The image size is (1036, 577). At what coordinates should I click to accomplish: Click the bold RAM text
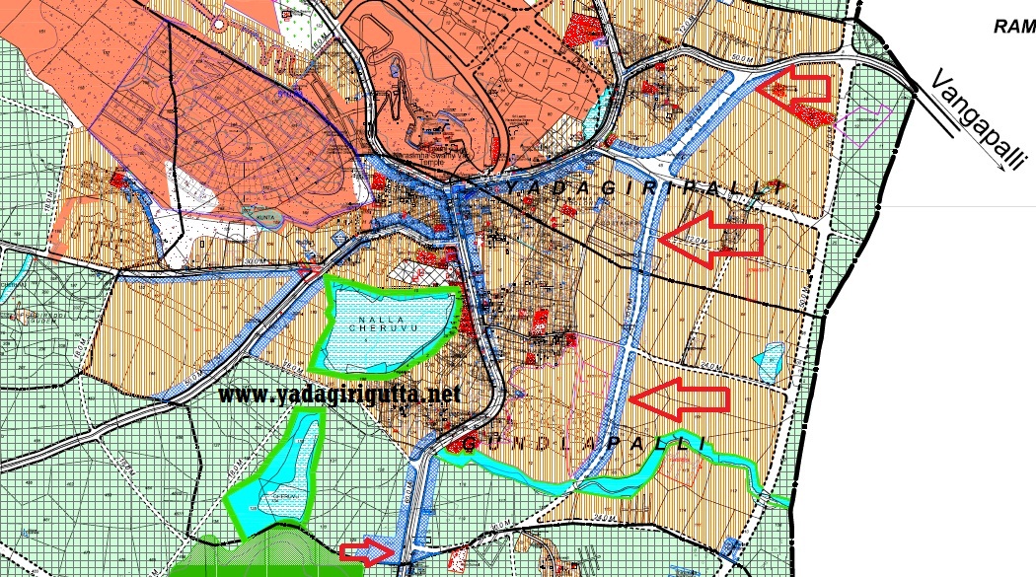point(1014,27)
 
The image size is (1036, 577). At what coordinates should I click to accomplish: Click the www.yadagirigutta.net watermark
point(339,395)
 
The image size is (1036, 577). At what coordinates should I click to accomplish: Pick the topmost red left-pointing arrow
point(797,83)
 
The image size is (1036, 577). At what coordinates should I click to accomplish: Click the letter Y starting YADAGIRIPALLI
point(512,187)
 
